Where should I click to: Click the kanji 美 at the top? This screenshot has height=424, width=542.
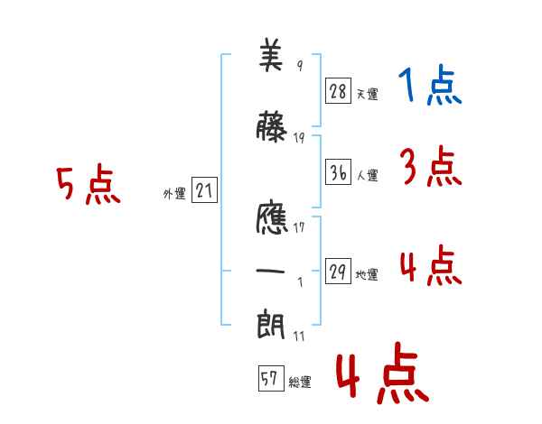click(x=271, y=55)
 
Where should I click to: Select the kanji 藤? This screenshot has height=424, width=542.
click(x=271, y=126)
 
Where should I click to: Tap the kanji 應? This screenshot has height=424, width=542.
click(x=272, y=217)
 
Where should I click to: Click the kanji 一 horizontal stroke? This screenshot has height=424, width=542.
click(x=270, y=271)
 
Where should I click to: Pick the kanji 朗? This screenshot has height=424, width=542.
click(x=271, y=324)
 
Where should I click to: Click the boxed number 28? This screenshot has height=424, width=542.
click(x=338, y=90)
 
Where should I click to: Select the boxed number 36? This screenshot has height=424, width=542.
click(x=338, y=171)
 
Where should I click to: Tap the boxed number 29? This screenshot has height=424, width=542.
click(x=338, y=271)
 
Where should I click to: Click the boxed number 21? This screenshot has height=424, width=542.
click(x=204, y=190)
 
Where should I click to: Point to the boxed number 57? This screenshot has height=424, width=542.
click(x=271, y=378)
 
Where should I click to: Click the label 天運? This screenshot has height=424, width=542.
click(x=367, y=94)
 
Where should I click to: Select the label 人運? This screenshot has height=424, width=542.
click(x=367, y=175)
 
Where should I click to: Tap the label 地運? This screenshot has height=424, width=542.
click(x=367, y=274)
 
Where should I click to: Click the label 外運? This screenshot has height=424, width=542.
click(x=174, y=194)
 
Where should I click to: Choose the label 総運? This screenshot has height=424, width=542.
click(x=300, y=382)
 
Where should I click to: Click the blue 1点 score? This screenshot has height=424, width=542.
click(x=430, y=85)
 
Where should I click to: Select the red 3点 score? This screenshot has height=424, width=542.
click(x=431, y=166)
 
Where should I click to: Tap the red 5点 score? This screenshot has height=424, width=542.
click(x=89, y=184)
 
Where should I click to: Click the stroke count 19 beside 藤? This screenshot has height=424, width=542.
click(x=299, y=138)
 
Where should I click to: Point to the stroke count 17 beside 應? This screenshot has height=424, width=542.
click(x=299, y=227)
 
